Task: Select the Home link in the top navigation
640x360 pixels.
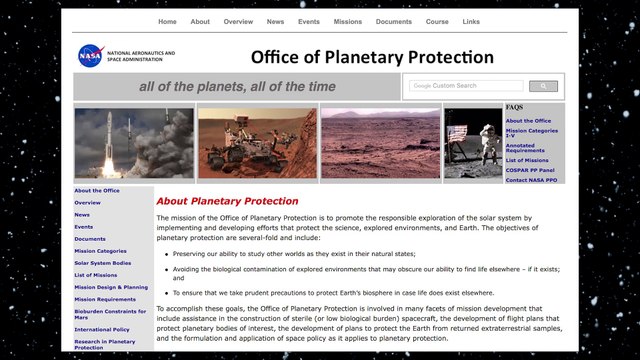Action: pos(167,21)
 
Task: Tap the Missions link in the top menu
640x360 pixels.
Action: pos(349,21)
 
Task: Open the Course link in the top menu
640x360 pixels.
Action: pos(436,21)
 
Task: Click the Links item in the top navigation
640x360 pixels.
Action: pos(471,21)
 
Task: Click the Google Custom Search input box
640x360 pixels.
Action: pos(465,86)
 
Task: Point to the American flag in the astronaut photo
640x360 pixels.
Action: pos(460,133)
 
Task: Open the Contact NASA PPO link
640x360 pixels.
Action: pos(531,180)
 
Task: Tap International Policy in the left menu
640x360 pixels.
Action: pos(102,327)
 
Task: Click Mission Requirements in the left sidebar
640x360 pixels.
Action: pos(105,299)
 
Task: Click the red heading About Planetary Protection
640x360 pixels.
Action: pos(227,201)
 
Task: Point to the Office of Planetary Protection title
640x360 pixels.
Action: pos(372,57)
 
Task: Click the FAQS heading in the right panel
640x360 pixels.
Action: pos(514,107)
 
